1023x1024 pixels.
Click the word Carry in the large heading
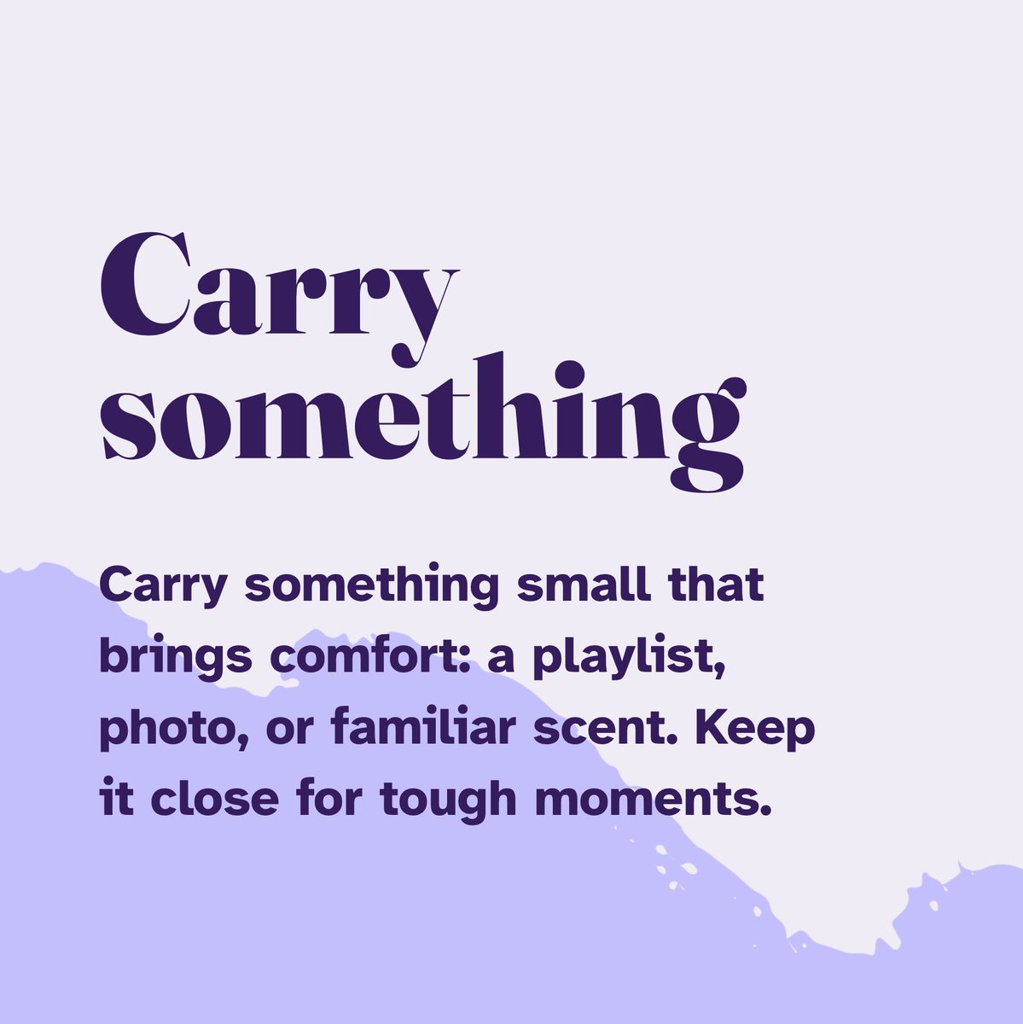(279, 290)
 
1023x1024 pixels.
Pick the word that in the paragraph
(717, 585)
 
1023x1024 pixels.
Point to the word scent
(627, 729)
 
